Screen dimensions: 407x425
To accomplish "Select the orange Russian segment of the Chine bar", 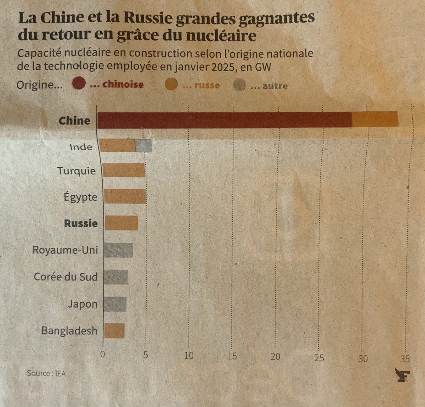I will click(x=375, y=119).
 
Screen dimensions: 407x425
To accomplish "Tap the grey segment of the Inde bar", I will click(x=144, y=146).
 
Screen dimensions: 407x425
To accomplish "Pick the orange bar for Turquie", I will click(x=124, y=170).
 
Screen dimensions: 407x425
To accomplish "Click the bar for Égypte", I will click(x=125, y=196).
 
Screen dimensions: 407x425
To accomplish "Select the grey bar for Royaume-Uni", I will click(x=119, y=250).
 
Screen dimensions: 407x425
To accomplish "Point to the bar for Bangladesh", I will click(x=114, y=330).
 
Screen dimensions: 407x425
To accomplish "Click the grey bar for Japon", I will click(x=115, y=304).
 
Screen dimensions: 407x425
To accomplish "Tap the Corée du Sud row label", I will click(x=66, y=277).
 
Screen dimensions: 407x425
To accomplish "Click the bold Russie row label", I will click(x=80, y=223).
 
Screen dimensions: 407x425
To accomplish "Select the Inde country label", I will click(x=81, y=147).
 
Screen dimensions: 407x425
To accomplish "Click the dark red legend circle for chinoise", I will click(x=79, y=84).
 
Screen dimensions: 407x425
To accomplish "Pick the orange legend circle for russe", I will click(x=171, y=85).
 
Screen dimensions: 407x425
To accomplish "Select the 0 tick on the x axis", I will click(x=103, y=354).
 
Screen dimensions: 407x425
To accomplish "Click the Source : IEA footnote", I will click(x=46, y=373).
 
